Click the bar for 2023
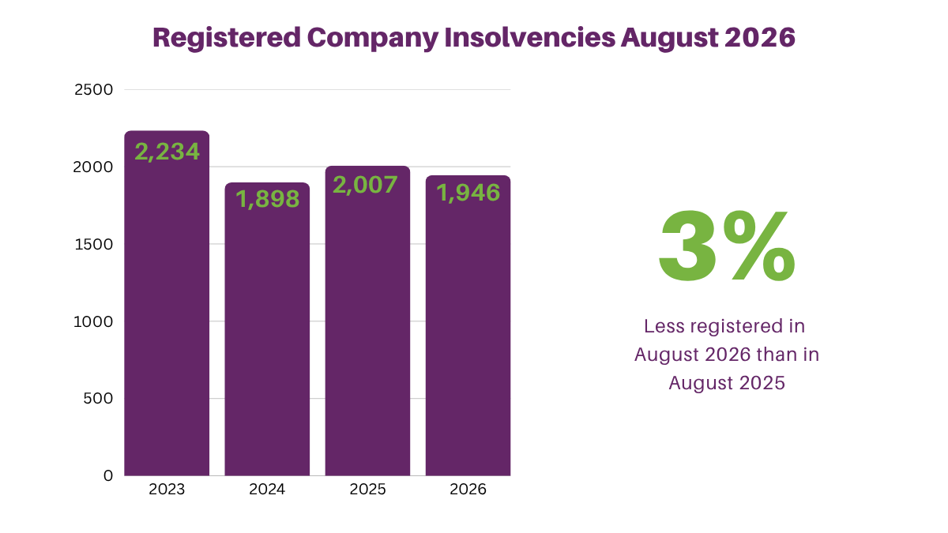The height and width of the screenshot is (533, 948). click(x=167, y=303)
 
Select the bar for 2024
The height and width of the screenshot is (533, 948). click(x=267, y=329)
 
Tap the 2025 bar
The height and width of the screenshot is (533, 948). click(x=367, y=321)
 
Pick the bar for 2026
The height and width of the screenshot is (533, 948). click(x=468, y=325)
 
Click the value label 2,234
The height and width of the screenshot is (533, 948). click(x=167, y=152)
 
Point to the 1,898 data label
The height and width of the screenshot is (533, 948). click(x=268, y=199)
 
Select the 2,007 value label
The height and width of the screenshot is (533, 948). click(x=365, y=185)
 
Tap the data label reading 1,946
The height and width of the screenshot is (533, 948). click(x=468, y=193)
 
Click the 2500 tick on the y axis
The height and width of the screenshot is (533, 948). click(x=93, y=90)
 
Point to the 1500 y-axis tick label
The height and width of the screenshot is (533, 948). click(x=93, y=245)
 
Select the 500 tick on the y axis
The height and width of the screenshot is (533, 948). click(x=98, y=399)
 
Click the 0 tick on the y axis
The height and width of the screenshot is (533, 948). click(x=108, y=476)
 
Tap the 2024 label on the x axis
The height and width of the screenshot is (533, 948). click(x=267, y=490)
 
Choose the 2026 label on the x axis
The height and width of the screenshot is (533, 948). click(x=468, y=490)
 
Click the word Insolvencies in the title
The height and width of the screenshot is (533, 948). click(x=530, y=37)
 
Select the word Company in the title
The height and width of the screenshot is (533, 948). click(x=373, y=39)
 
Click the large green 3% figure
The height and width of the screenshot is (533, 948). click(x=727, y=246)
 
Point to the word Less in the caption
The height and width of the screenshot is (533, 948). click(x=664, y=326)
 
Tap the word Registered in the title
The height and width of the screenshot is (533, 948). click(x=227, y=39)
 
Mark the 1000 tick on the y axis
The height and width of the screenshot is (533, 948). click(x=93, y=322)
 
